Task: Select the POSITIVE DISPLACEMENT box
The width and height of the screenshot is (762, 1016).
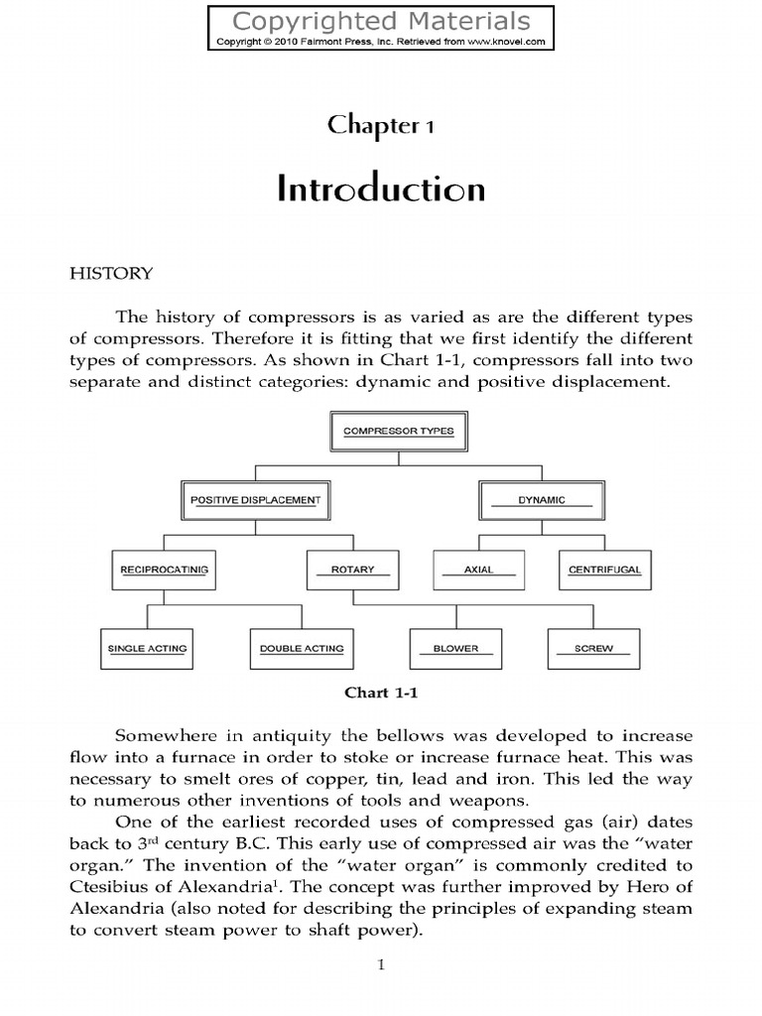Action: tap(256, 500)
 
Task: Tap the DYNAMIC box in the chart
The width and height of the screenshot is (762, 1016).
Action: tap(542, 500)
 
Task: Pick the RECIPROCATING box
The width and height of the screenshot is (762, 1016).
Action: tap(163, 571)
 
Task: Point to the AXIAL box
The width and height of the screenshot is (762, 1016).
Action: tap(479, 571)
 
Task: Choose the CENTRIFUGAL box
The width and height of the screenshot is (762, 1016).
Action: tap(604, 571)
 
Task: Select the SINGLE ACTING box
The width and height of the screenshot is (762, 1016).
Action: tap(148, 649)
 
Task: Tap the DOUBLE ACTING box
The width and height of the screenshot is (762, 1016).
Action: tap(302, 649)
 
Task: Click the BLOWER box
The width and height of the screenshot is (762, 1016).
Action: tap(456, 649)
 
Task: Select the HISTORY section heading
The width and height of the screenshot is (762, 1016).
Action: tap(110, 273)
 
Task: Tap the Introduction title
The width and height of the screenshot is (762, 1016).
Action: tap(382, 189)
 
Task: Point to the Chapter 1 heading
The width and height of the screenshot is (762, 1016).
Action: tap(382, 126)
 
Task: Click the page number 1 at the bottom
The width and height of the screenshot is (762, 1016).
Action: tap(382, 965)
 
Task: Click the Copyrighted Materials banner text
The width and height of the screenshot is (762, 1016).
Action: tap(382, 20)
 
